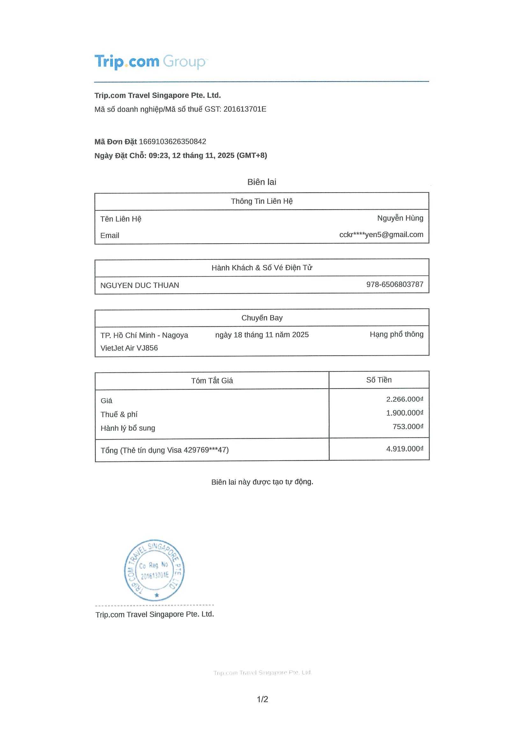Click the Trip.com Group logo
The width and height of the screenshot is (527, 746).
click(x=151, y=62)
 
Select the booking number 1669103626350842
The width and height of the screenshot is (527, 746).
click(x=172, y=142)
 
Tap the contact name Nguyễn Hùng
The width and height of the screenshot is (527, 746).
click(x=400, y=218)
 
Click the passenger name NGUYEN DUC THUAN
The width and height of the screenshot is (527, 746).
click(x=140, y=285)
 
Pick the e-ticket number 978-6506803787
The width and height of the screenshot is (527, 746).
click(x=394, y=284)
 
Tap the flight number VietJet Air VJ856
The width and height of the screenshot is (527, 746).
click(x=129, y=348)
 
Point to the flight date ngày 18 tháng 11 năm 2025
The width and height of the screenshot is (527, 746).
click(x=262, y=335)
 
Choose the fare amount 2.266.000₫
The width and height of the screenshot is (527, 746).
click(x=404, y=399)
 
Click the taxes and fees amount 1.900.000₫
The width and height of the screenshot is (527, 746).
click(x=404, y=413)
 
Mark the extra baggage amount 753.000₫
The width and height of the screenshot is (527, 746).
click(x=408, y=427)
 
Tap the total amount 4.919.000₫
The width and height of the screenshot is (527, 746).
click(x=404, y=449)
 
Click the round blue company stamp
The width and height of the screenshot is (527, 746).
click(x=155, y=571)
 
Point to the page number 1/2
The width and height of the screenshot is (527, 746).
click(x=262, y=699)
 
